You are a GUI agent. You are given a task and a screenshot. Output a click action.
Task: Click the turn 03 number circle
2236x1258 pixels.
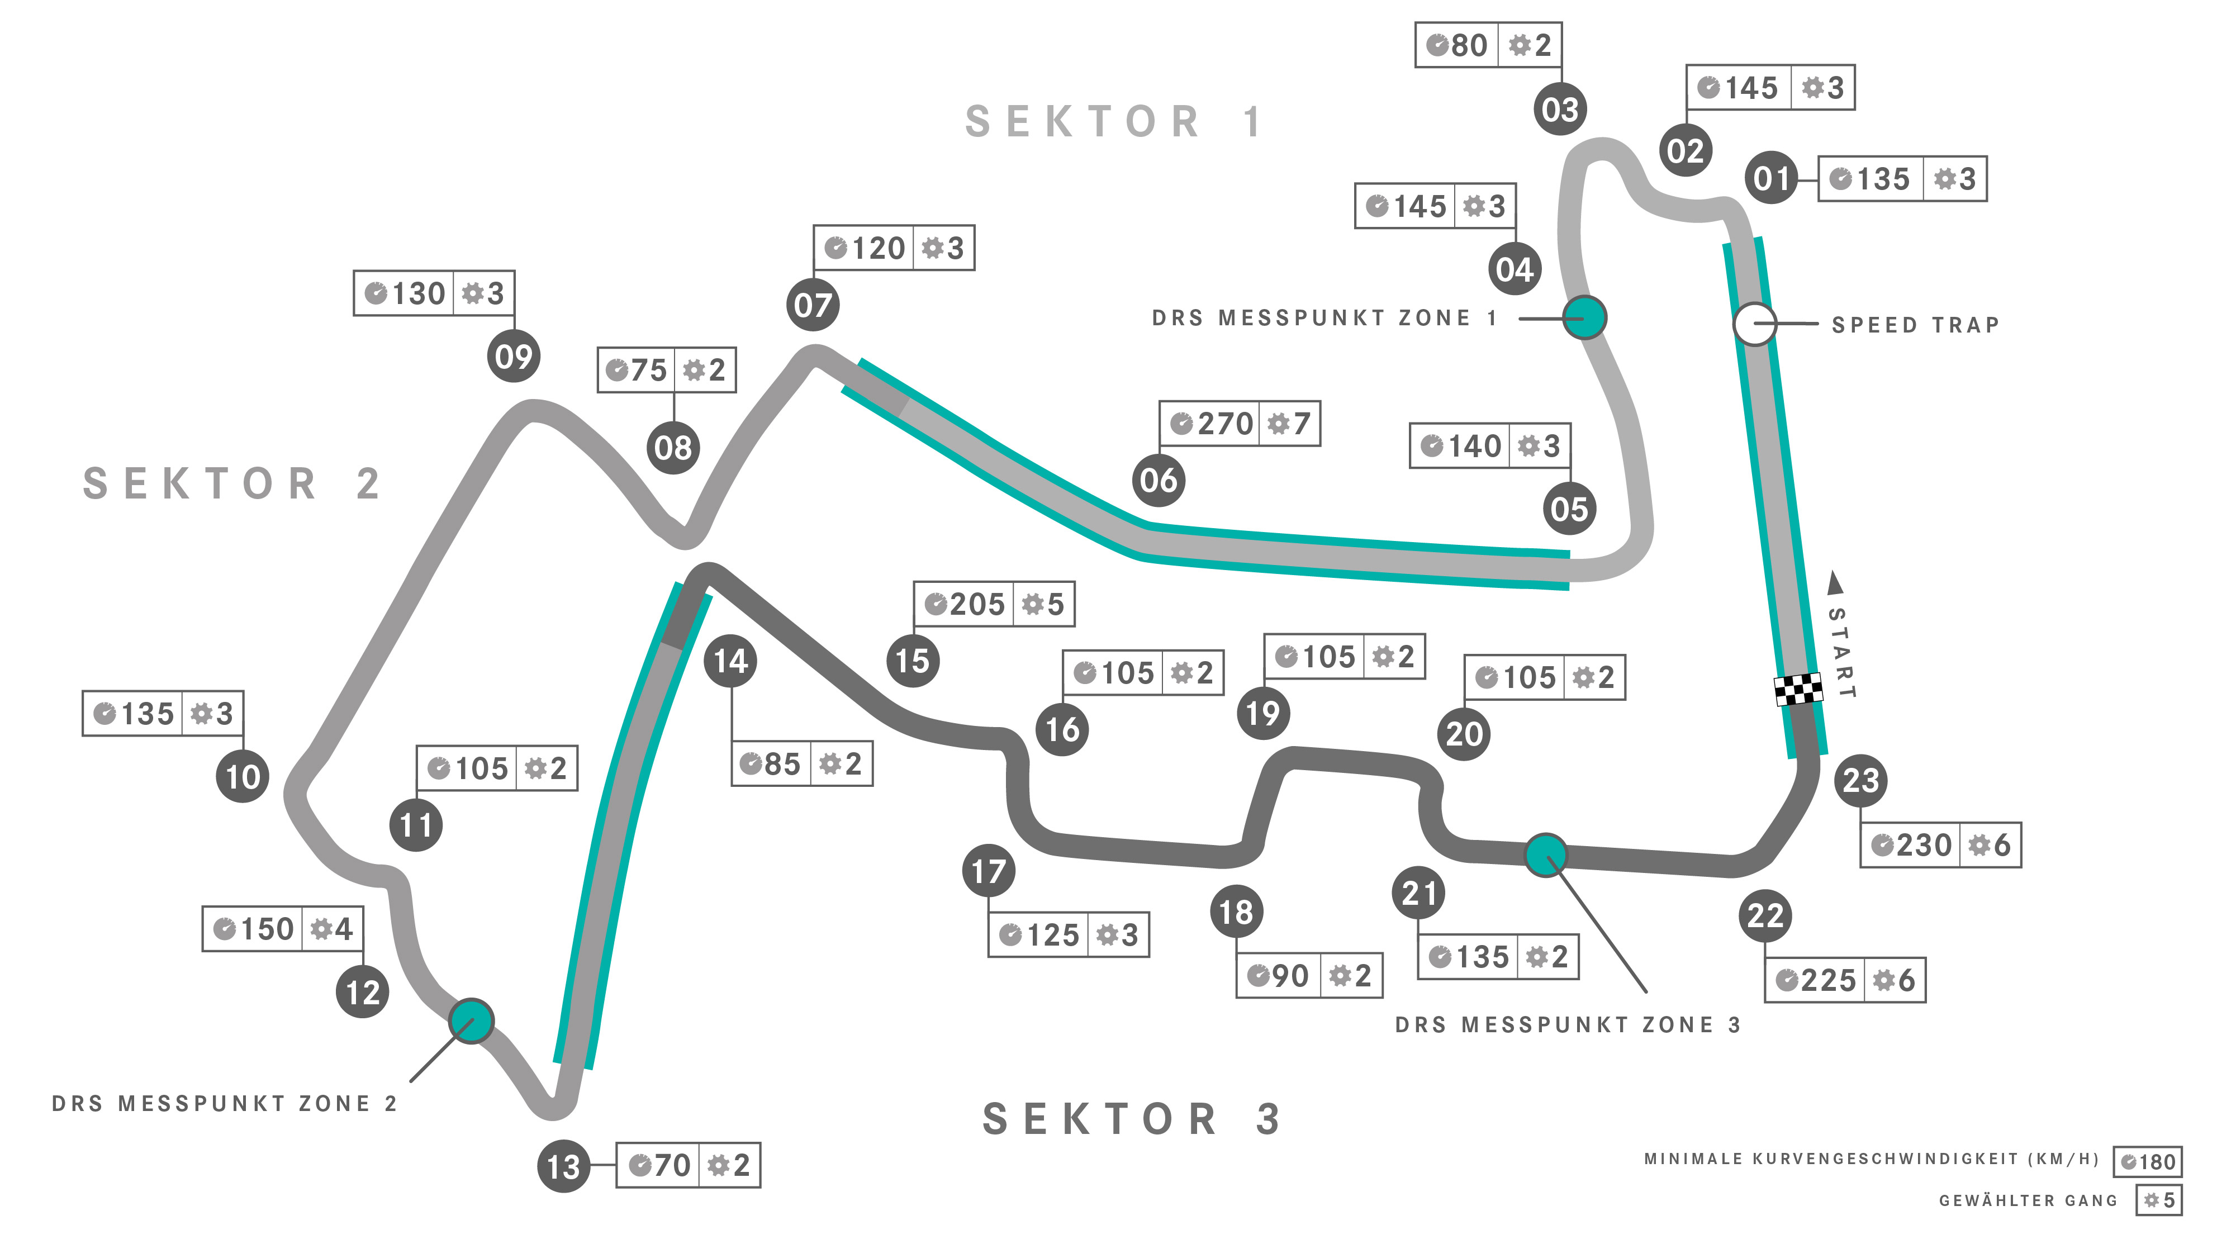1560,110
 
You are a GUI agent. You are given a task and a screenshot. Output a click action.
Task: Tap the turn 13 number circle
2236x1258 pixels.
563,1166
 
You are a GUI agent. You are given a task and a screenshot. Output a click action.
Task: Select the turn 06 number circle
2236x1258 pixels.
1159,480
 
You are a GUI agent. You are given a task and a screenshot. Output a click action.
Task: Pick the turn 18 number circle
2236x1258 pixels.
1236,912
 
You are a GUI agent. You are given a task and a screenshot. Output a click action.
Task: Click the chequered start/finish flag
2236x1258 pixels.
1798,689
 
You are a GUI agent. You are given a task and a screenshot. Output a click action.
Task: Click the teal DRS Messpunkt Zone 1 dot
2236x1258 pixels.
1585,318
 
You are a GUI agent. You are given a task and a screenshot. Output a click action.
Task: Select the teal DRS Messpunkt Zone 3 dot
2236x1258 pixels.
1546,855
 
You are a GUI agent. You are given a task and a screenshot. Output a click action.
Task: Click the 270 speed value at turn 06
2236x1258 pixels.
1225,424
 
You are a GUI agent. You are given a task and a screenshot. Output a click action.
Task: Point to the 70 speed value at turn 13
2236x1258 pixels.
672,1165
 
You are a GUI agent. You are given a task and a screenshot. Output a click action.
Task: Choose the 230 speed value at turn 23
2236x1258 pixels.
1924,845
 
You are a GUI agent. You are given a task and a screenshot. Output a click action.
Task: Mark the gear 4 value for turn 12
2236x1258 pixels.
344,929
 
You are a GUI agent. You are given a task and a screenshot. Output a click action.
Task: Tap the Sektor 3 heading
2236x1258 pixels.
1131,1119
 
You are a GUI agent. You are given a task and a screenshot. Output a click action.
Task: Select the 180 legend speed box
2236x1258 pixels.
2148,1162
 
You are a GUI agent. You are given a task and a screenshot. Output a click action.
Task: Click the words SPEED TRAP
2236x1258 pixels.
1915,325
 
